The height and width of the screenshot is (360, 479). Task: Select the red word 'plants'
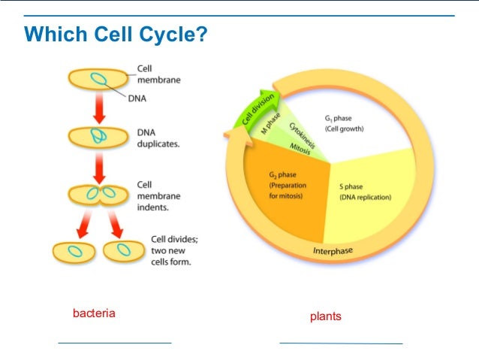click(x=325, y=316)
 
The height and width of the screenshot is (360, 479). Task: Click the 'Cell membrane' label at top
click(x=158, y=74)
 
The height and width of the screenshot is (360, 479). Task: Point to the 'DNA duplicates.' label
click(x=158, y=139)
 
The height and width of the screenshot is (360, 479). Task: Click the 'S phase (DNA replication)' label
click(x=365, y=192)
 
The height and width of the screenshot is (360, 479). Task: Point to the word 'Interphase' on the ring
click(x=333, y=251)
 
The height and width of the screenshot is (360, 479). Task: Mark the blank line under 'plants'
click(x=341, y=343)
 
